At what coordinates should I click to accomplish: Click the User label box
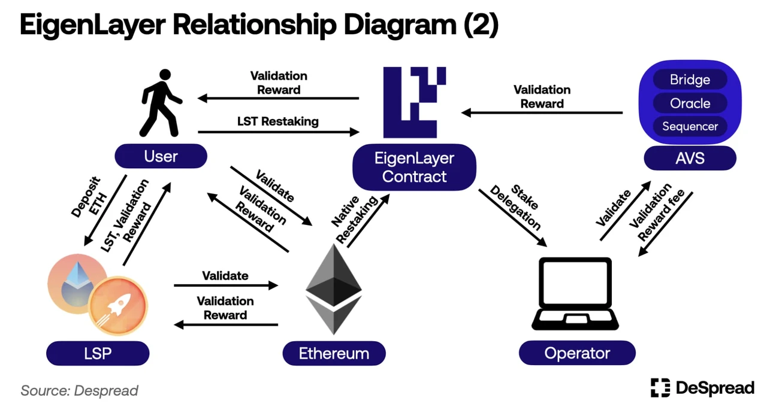click(161, 157)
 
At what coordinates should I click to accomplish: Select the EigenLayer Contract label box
click(414, 168)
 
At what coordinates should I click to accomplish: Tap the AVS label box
click(690, 159)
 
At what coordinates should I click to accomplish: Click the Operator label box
click(576, 353)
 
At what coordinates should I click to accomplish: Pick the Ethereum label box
click(334, 353)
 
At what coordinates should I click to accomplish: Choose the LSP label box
click(98, 353)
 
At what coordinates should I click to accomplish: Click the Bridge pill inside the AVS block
click(690, 80)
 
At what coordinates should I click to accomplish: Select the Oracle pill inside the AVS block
click(690, 103)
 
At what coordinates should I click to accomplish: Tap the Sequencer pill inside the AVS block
click(690, 126)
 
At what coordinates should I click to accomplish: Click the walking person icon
click(161, 103)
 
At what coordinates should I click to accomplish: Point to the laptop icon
click(576, 293)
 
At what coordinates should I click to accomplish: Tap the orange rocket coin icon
click(118, 305)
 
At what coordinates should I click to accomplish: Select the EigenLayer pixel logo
click(414, 102)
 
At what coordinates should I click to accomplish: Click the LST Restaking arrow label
click(277, 122)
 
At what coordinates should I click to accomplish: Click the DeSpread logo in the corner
click(702, 388)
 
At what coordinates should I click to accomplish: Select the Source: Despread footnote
click(79, 391)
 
